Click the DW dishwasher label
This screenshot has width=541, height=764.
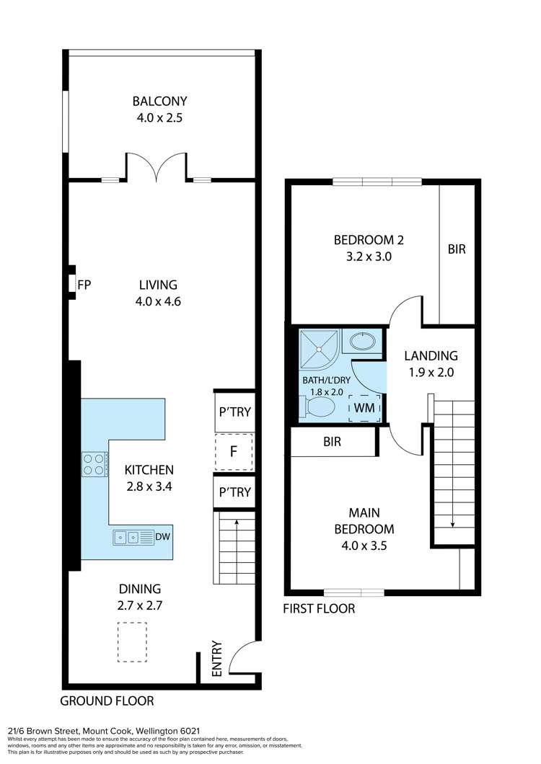[162, 536]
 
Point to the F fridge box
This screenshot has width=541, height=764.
[234, 453]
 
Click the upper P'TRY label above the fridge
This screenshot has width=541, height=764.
[234, 413]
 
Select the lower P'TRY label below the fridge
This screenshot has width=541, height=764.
[234, 492]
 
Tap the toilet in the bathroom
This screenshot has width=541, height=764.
[320, 409]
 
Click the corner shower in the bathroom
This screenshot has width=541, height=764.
[318, 347]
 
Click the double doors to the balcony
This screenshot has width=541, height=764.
[157, 166]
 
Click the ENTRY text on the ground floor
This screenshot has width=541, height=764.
[217, 659]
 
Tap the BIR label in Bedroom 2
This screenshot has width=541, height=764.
[457, 249]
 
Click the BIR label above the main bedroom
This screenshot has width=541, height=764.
[333, 443]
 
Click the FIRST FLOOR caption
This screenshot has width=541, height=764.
[319, 608]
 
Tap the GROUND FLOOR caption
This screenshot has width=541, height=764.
[106, 701]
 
